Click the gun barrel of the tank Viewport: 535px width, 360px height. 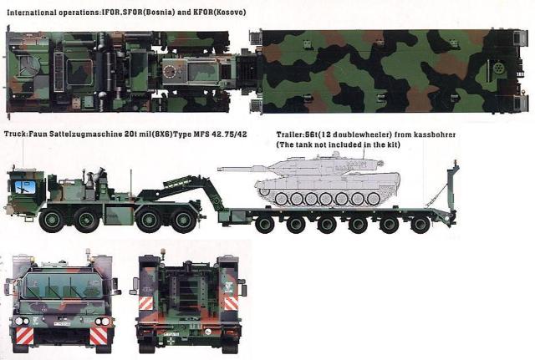(247, 169)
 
